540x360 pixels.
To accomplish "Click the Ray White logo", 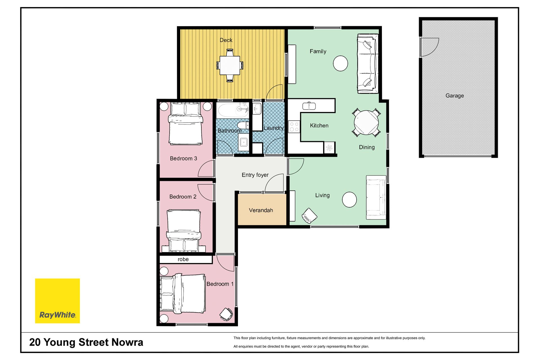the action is tap(57, 301).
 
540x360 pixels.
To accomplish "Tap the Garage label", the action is tap(454, 96).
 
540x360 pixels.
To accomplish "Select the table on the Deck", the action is tap(230, 65).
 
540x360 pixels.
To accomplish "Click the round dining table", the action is tap(366, 123).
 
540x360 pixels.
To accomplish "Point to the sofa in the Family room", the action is tap(368, 64).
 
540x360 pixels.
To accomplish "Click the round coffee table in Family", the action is tap(340, 63).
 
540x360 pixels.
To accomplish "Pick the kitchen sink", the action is tap(309, 106).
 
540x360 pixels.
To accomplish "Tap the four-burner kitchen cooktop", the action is tap(294, 126).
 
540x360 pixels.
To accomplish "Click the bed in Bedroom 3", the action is tap(186, 124).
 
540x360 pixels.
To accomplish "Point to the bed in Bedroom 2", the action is tap(184, 231).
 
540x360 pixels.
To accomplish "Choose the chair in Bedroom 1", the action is tap(226, 314).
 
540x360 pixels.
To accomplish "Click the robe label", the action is tap(183, 259).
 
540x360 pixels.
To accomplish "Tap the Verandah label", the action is tap(261, 210).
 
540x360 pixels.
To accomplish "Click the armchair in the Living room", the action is tap(309, 216).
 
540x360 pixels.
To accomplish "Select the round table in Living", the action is tap(349, 199).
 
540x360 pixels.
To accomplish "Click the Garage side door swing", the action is tap(430, 47).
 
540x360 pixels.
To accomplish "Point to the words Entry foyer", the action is tap(255, 175).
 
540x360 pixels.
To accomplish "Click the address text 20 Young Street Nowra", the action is tap(86, 342).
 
